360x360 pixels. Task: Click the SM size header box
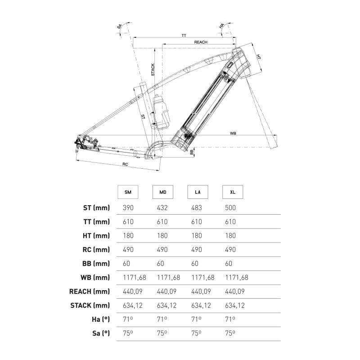click(x=128, y=192)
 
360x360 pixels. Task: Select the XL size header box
click(x=233, y=192)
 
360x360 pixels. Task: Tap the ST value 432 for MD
click(x=162, y=208)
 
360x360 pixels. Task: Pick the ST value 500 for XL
click(x=230, y=208)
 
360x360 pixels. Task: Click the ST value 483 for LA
click(x=197, y=208)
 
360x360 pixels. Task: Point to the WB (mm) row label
click(x=95, y=278)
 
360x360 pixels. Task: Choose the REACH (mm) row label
click(x=90, y=292)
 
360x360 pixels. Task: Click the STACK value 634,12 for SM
click(x=133, y=306)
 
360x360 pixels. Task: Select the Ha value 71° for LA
click(x=196, y=319)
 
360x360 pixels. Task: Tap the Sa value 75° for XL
click(x=230, y=333)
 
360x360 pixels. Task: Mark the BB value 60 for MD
click(x=161, y=264)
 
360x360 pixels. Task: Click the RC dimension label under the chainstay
click(x=125, y=164)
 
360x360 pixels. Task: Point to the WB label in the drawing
click(x=233, y=133)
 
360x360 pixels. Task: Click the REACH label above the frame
click(x=201, y=42)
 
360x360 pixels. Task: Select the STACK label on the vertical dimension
click(x=153, y=70)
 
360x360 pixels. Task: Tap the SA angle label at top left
click(x=119, y=27)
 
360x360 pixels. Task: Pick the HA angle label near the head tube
click(x=221, y=26)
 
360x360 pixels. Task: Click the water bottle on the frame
click(x=161, y=111)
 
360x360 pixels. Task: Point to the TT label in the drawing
click(x=184, y=36)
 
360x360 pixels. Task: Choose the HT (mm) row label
click(x=96, y=236)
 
